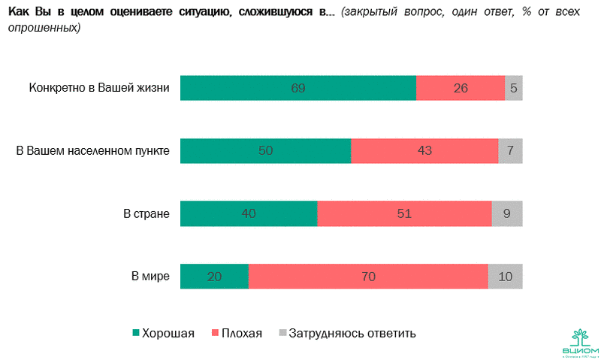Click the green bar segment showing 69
(x=298, y=88)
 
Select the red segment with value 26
(x=461, y=88)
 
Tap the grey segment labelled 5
(x=514, y=88)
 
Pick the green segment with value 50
(x=266, y=151)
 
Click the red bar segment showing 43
(x=424, y=151)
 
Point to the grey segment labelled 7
(x=511, y=151)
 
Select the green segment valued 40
(x=249, y=213)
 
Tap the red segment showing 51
(x=404, y=213)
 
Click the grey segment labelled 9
(x=507, y=213)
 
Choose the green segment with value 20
(x=215, y=277)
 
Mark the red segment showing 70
(x=368, y=277)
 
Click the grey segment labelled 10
(x=506, y=277)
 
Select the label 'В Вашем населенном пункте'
(x=93, y=151)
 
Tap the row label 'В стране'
(x=146, y=213)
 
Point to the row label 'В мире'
(x=150, y=277)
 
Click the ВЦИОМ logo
(x=581, y=342)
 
